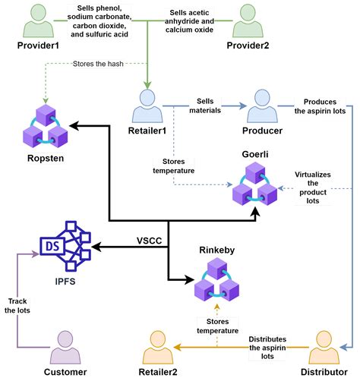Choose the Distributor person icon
[x=326, y=350]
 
